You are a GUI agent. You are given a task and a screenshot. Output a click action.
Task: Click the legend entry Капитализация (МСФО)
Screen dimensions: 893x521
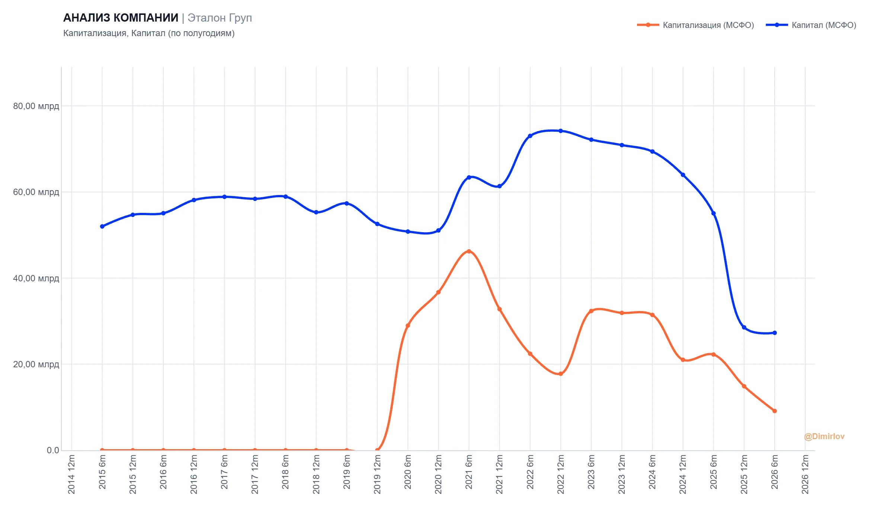point(695,25)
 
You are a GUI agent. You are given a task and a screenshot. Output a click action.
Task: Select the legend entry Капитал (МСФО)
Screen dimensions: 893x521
point(811,25)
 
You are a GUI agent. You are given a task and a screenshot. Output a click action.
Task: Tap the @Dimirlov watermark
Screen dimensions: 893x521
point(824,437)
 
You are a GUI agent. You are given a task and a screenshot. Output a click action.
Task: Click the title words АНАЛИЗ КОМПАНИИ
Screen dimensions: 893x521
point(121,17)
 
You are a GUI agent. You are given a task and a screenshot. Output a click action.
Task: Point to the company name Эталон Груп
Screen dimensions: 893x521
point(220,18)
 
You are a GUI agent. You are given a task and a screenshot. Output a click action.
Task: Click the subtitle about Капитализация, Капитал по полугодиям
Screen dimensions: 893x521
point(149,33)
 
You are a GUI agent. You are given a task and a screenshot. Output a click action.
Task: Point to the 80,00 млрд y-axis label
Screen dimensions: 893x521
point(36,106)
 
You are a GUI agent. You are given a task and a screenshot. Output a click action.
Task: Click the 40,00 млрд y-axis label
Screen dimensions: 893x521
point(36,278)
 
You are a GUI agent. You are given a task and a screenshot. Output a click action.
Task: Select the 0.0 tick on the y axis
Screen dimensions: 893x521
point(53,450)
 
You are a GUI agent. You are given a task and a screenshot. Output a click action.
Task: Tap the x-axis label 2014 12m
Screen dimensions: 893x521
point(71,474)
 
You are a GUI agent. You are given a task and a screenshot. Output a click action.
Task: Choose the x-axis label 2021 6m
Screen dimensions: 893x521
point(469,472)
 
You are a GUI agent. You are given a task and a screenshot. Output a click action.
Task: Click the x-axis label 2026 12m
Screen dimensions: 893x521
point(805,474)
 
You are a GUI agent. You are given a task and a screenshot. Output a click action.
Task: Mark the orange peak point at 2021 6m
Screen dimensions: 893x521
point(469,252)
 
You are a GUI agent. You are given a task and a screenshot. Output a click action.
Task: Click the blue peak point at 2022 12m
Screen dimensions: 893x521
point(561,131)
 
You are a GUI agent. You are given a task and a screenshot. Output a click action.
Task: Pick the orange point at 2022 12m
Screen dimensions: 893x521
point(561,374)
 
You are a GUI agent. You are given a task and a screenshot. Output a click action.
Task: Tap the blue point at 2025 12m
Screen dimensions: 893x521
point(744,327)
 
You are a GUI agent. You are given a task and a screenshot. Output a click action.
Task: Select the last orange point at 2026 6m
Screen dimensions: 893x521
point(775,411)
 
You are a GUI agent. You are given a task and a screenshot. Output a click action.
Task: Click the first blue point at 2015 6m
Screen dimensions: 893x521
point(102,226)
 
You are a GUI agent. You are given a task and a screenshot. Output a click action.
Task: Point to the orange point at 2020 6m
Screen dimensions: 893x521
point(408,326)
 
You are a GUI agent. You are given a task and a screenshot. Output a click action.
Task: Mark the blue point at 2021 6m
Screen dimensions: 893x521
point(469,178)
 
